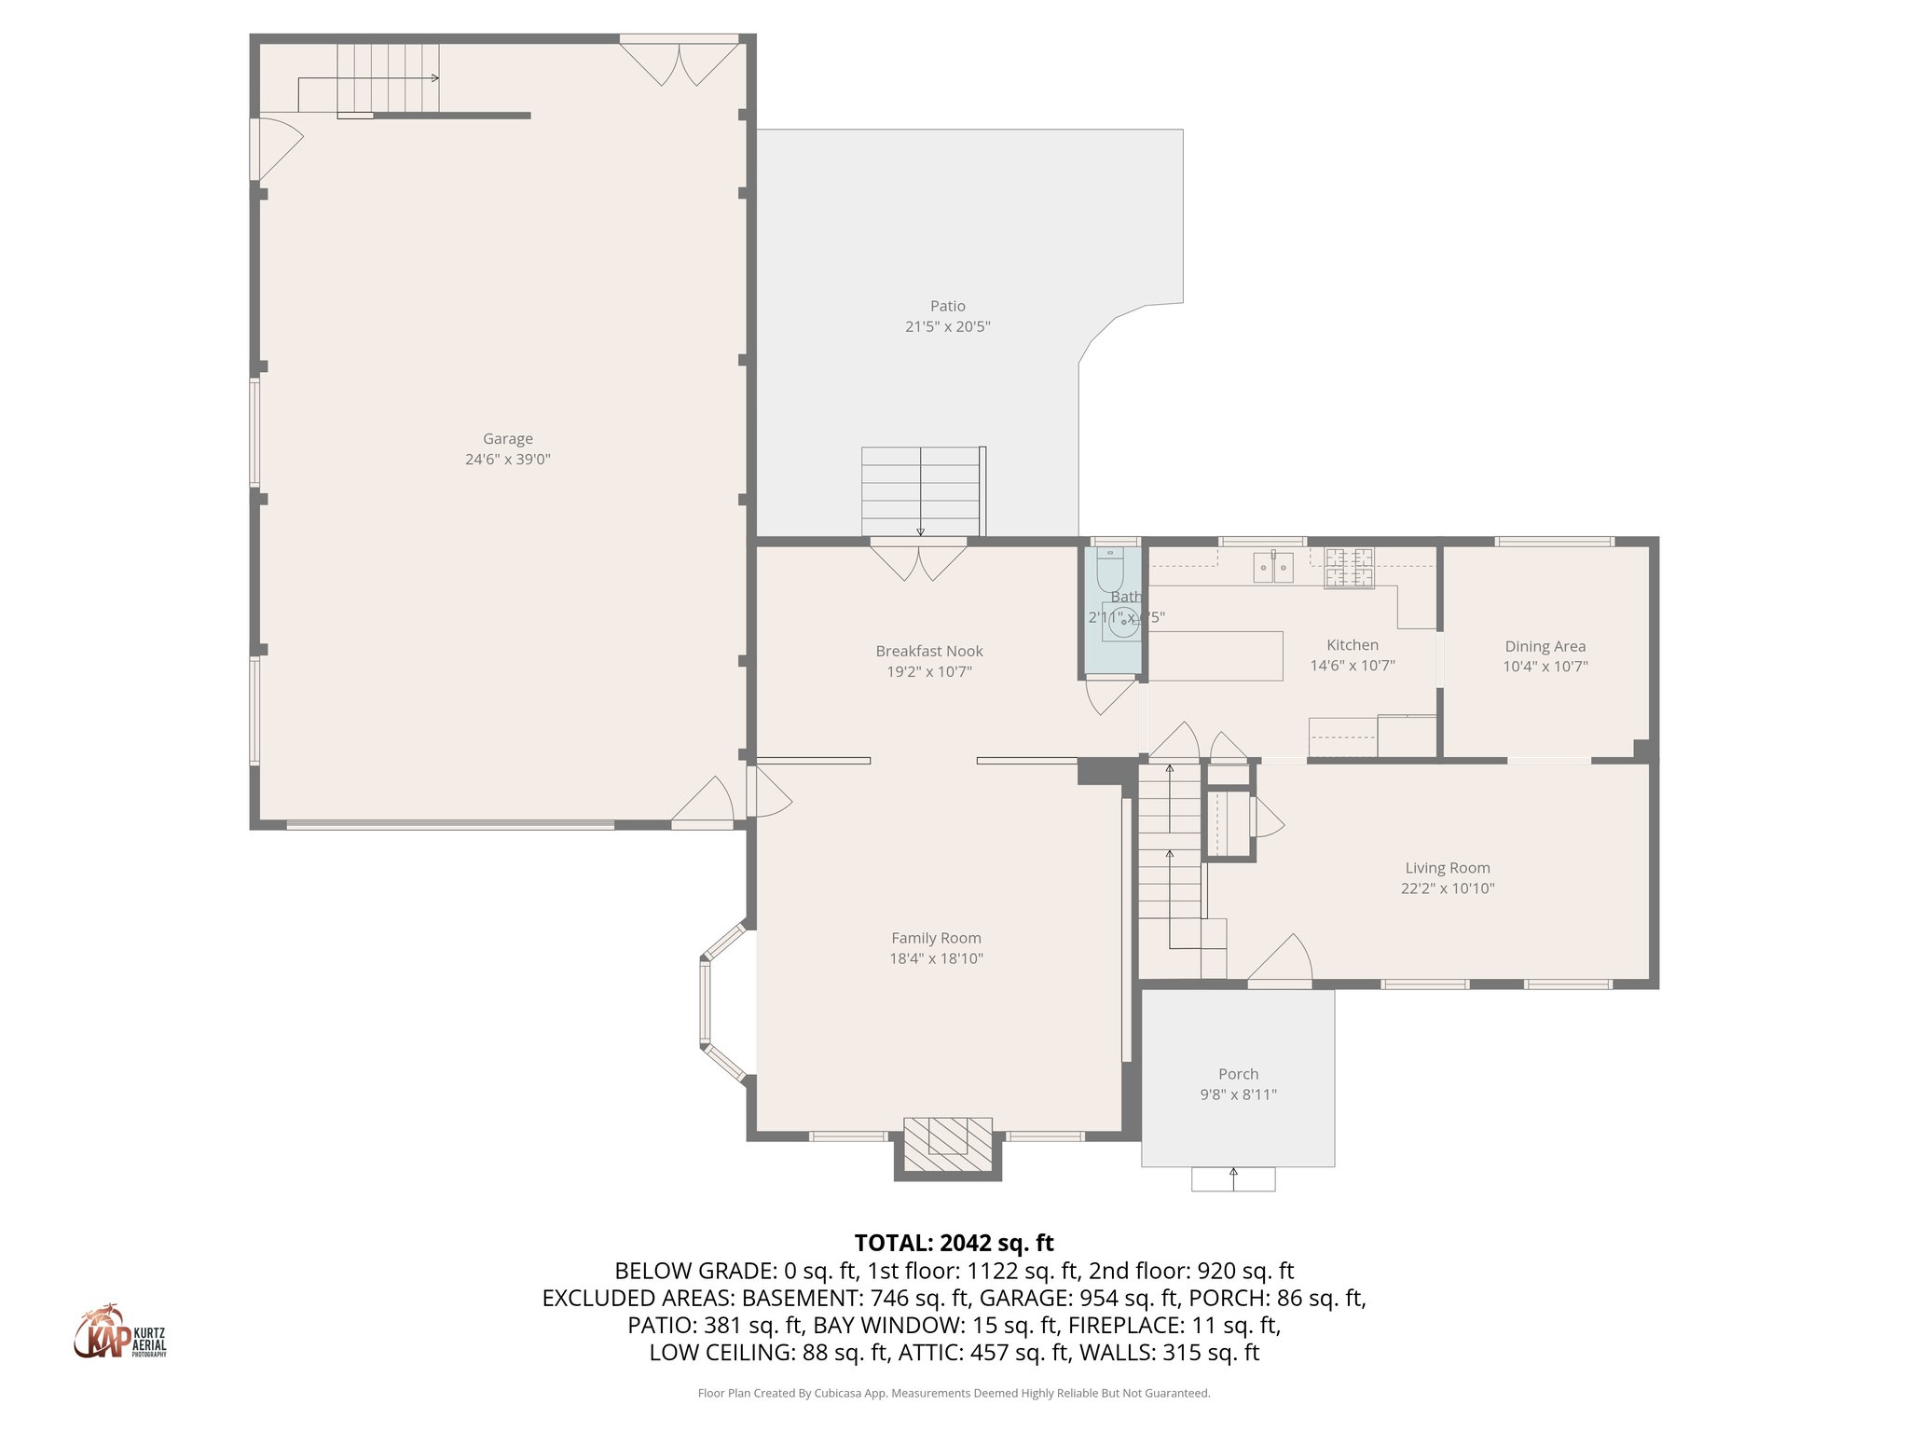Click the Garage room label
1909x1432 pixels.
coord(507,438)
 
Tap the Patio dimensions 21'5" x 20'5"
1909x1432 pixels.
coord(947,326)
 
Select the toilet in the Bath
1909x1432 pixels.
coord(1109,568)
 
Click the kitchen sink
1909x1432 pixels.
coord(1272,567)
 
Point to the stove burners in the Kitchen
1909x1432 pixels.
coord(1349,568)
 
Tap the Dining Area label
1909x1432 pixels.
coord(1545,646)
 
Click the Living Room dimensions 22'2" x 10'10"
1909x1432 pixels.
coord(1447,888)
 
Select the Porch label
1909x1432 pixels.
coord(1238,1074)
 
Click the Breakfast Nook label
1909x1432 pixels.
coord(928,651)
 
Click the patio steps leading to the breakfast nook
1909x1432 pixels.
coord(921,490)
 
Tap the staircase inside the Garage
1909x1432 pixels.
coord(386,78)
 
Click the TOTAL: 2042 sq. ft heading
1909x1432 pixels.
coord(954,1243)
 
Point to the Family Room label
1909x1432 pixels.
coord(936,938)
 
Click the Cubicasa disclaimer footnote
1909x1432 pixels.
coord(954,1393)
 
